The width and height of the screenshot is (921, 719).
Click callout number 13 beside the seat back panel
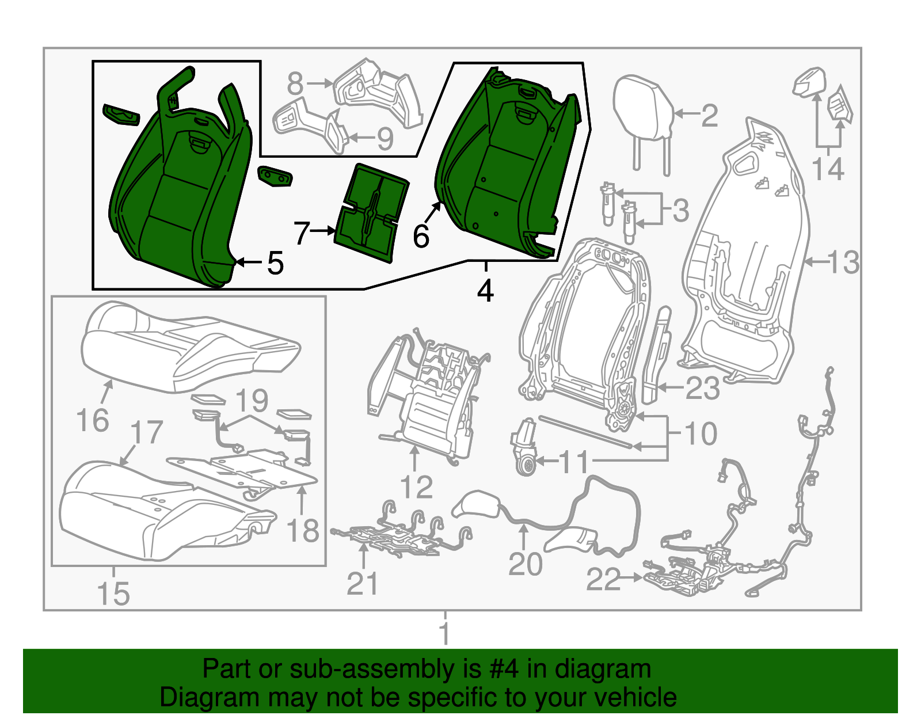[843, 263]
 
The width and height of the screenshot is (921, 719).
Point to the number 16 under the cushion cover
[92, 420]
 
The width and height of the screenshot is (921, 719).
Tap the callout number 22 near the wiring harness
[603, 579]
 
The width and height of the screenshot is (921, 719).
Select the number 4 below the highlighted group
[485, 291]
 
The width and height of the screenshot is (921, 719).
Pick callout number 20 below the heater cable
[525, 564]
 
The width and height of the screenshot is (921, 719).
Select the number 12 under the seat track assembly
[416, 487]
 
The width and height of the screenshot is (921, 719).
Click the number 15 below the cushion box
[113, 594]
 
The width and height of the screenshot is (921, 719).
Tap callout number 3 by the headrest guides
[680, 211]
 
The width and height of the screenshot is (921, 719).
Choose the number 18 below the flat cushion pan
[303, 530]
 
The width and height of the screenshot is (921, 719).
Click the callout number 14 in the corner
[828, 169]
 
